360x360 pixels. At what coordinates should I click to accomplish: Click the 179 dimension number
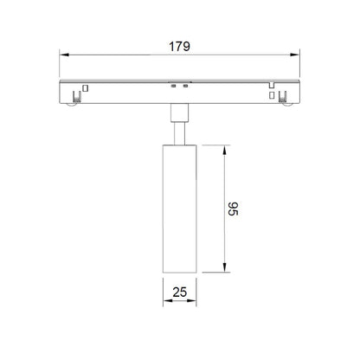click(179, 47)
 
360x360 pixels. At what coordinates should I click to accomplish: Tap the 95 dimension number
click(233, 209)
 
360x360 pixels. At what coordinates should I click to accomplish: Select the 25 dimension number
click(180, 292)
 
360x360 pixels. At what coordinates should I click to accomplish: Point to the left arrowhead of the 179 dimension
click(64, 55)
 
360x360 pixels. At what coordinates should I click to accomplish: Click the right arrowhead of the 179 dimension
click(295, 55)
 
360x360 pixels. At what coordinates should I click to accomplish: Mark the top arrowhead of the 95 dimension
click(224, 151)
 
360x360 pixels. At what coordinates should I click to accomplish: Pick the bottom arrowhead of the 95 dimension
click(224, 267)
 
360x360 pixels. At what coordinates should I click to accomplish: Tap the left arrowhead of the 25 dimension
click(168, 300)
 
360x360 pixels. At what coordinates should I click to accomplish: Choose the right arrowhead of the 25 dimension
click(191, 300)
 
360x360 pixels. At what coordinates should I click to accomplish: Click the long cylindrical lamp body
click(180, 209)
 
